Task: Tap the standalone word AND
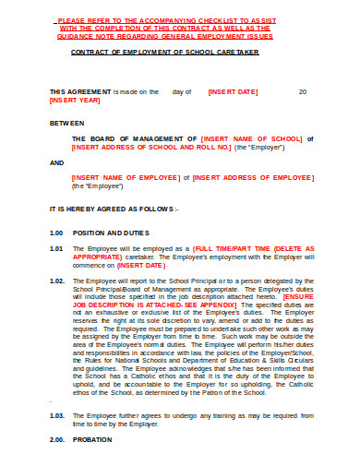(x=56, y=161)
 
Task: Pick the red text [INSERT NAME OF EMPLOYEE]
(x=124, y=177)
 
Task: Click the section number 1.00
(x=56, y=233)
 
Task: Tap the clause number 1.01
(x=56, y=249)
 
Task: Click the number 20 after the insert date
(x=303, y=92)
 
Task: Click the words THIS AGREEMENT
(x=79, y=92)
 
